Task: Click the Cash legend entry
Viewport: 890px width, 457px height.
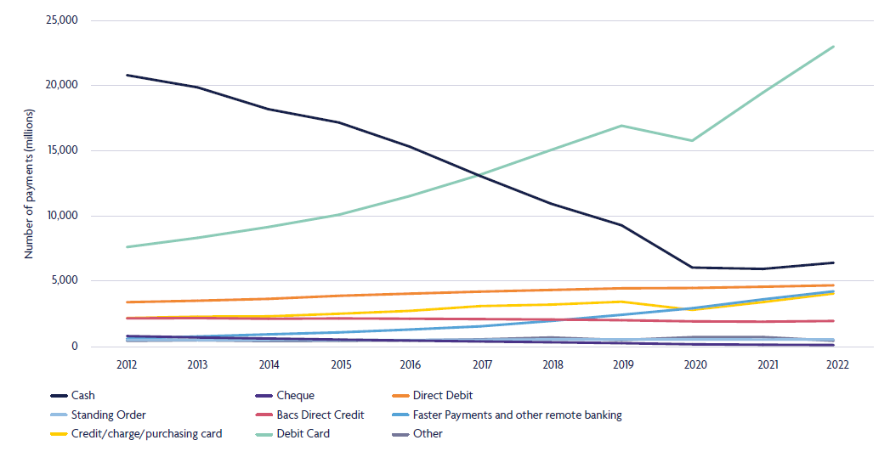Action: point(73,396)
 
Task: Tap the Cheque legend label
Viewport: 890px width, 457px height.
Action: point(295,396)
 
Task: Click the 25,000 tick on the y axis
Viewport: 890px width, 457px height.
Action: point(60,20)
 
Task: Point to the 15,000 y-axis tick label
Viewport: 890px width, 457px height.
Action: point(60,150)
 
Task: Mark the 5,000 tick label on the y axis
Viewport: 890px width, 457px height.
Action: point(64,280)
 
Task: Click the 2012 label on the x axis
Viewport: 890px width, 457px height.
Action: point(127,364)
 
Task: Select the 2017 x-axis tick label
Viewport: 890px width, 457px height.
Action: point(482,364)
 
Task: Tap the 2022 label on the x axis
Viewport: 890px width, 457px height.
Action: point(837,364)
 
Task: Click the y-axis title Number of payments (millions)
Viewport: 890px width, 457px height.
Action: point(29,183)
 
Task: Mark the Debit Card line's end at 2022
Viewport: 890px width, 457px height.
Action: point(833,47)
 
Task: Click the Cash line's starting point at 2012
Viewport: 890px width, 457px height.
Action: point(128,75)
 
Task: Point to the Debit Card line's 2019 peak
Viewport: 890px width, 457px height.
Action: point(622,126)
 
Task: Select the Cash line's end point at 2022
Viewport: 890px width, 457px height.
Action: point(833,262)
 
